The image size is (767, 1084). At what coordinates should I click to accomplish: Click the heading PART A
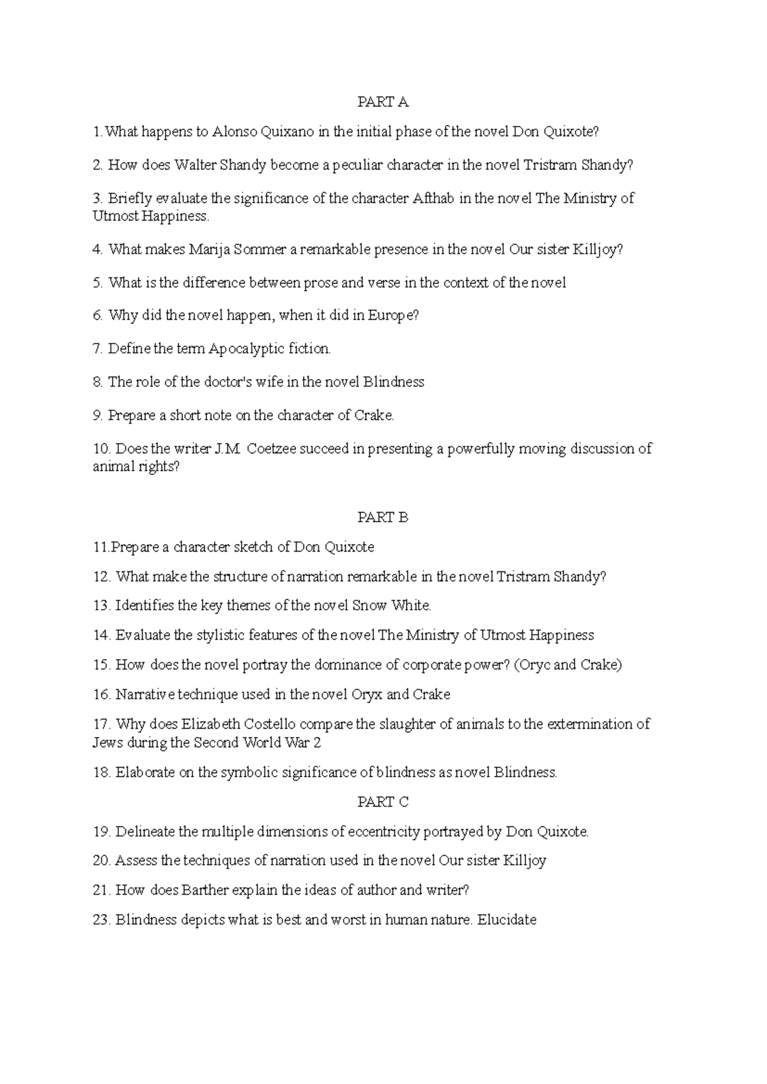382,102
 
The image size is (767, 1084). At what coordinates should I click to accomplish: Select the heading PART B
382,517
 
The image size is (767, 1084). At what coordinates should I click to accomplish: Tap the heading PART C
382,802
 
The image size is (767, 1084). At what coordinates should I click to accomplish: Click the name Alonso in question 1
235,132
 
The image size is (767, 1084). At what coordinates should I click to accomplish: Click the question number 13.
102,605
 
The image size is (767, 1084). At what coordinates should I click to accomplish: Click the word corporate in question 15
430,665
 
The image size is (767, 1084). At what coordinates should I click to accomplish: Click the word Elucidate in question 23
507,920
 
